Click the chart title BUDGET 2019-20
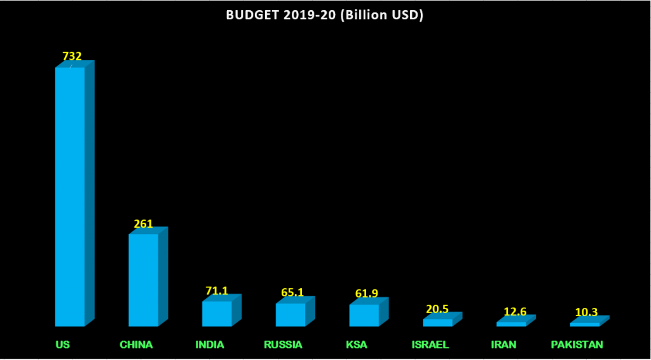pyautogui.click(x=325, y=15)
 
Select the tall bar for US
pyautogui.click(x=70, y=197)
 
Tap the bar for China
pyautogui.click(x=144, y=280)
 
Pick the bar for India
pyautogui.click(x=217, y=314)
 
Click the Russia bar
pyautogui.click(x=291, y=315)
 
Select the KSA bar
pyautogui.click(x=364, y=315)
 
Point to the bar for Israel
pyautogui.click(x=437, y=322)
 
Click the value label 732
pyautogui.click(x=72, y=56)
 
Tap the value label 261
pyautogui.click(x=144, y=224)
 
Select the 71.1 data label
pyautogui.click(x=217, y=291)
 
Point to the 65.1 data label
pyautogui.click(x=292, y=293)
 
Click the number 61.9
pyautogui.click(x=366, y=293)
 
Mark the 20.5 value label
pyautogui.click(x=437, y=309)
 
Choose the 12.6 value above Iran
pyautogui.click(x=511, y=312)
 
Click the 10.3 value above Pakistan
pyautogui.click(x=586, y=312)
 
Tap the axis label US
pyautogui.click(x=62, y=345)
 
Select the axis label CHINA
pyautogui.click(x=136, y=345)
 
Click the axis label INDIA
pyautogui.click(x=210, y=345)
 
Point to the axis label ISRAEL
pyautogui.click(x=430, y=345)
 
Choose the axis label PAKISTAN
pyautogui.click(x=577, y=345)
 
